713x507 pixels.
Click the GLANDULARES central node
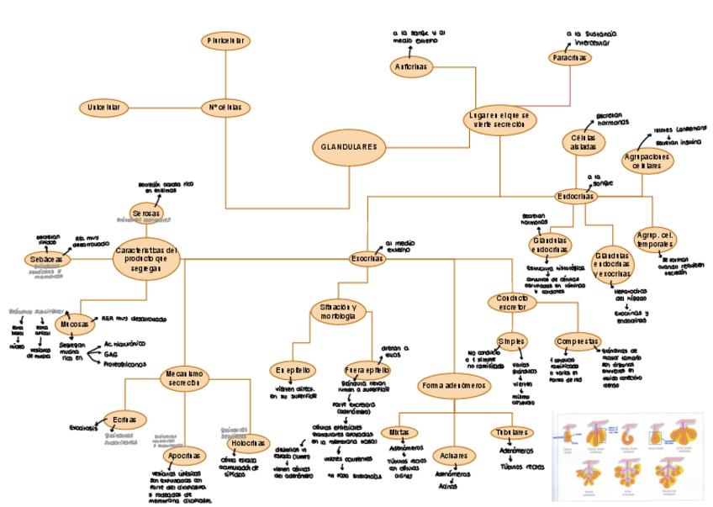pyautogui.click(x=348, y=148)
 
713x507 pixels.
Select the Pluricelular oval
pyautogui.click(x=225, y=40)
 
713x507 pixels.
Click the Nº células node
pyautogui.click(x=225, y=108)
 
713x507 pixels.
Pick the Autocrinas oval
pyautogui.click(x=411, y=66)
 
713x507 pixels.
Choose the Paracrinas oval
pyautogui.click(x=571, y=57)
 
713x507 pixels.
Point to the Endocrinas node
pyautogui.click(x=576, y=196)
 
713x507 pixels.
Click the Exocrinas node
pyautogui.click(x=367, y=259)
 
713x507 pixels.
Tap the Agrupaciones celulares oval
pyautogui.click(x=649, y=161)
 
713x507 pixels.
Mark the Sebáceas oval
pyautogui.click(x=47, y=260)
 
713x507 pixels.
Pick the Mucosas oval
pyautogui.click(x=75, y=324)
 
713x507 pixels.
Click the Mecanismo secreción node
pyautogui.click(x=184, y=378)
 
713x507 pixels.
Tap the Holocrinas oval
pyautogui.click(x=249, y=441)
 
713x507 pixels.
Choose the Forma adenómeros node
pyautogui.click(x=453, y=385)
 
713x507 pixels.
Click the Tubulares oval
pyautogui.click(x=511, y=432)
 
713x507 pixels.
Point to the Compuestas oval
pyautogui.click(x=578, y=342)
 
